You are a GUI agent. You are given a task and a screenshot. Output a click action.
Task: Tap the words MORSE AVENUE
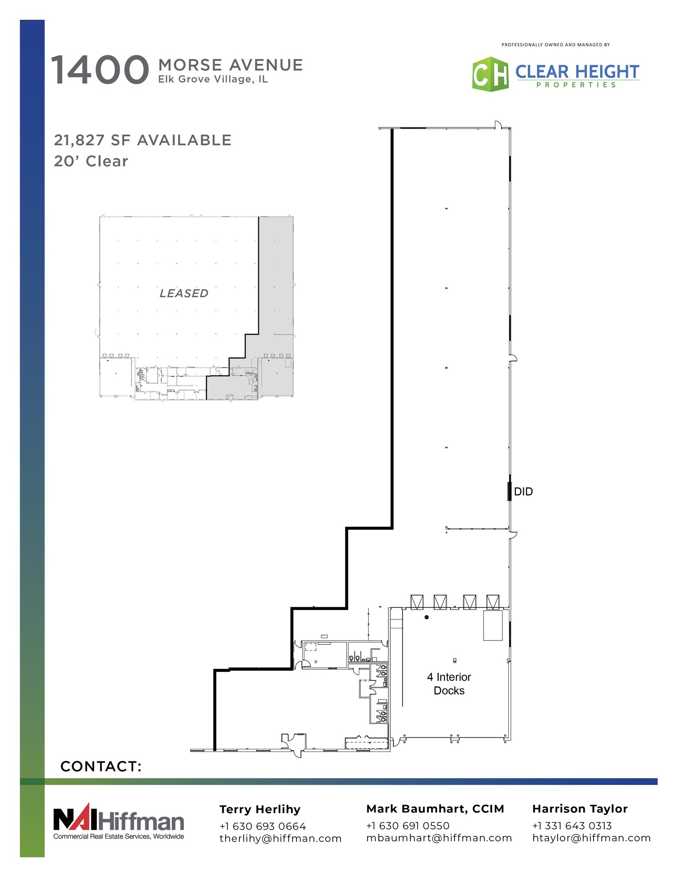[x=230, y=65]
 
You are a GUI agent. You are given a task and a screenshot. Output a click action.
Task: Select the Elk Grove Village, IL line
[x=213, y=79]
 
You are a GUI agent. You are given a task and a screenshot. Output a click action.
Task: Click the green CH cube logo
[x=490, y=74]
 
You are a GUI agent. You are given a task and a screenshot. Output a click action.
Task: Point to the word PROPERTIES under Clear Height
[x=576, y=85]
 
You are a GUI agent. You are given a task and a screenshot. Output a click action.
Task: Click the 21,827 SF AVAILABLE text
[x=143, y=140]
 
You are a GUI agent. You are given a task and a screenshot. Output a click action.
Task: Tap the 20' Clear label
[x=91, y=161]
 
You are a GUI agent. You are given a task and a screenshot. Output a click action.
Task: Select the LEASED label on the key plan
[x=184, y=293]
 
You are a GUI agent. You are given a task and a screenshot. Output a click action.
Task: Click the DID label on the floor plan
[x=523, y=492]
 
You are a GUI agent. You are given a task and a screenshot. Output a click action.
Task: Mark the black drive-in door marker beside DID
[x=509, y=491]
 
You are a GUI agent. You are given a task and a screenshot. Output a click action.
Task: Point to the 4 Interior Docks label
[x=449, y=684]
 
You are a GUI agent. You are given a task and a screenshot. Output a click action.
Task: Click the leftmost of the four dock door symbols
[x=417, y=602]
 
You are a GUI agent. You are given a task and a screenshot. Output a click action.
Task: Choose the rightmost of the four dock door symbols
[x=493, y=602]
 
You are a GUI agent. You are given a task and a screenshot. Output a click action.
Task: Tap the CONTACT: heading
[x=101, y=767]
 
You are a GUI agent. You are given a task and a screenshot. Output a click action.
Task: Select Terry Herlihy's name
[x=260, y=809]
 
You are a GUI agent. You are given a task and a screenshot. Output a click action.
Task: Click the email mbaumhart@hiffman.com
[x=439, y=838]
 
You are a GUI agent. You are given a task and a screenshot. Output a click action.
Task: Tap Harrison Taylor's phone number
[x=572, y=826]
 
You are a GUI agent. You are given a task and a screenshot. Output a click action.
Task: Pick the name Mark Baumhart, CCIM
[x=435, y=809]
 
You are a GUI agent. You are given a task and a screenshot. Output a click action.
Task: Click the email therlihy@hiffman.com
[x=281, y=839]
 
